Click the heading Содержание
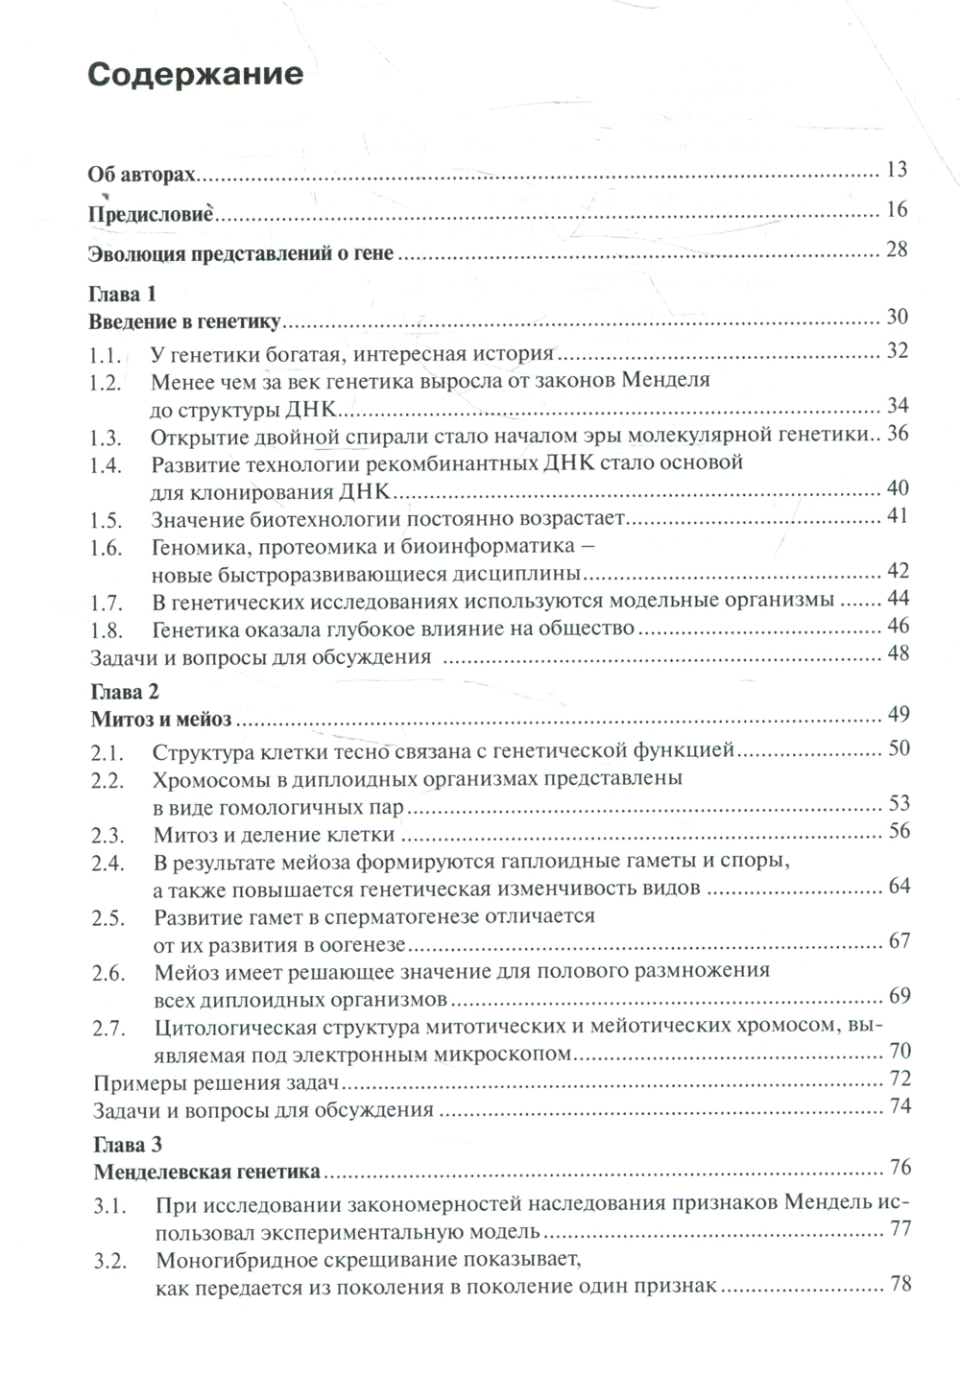tap(195, 75)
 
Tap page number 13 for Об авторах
tap(897, 171)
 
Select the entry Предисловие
tap(151, 213)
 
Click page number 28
tap(897, 250)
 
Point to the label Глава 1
tap(122, 293)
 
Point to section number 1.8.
tap(106, 628)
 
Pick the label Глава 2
tap(123, 691)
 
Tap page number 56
tap(898, 831)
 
